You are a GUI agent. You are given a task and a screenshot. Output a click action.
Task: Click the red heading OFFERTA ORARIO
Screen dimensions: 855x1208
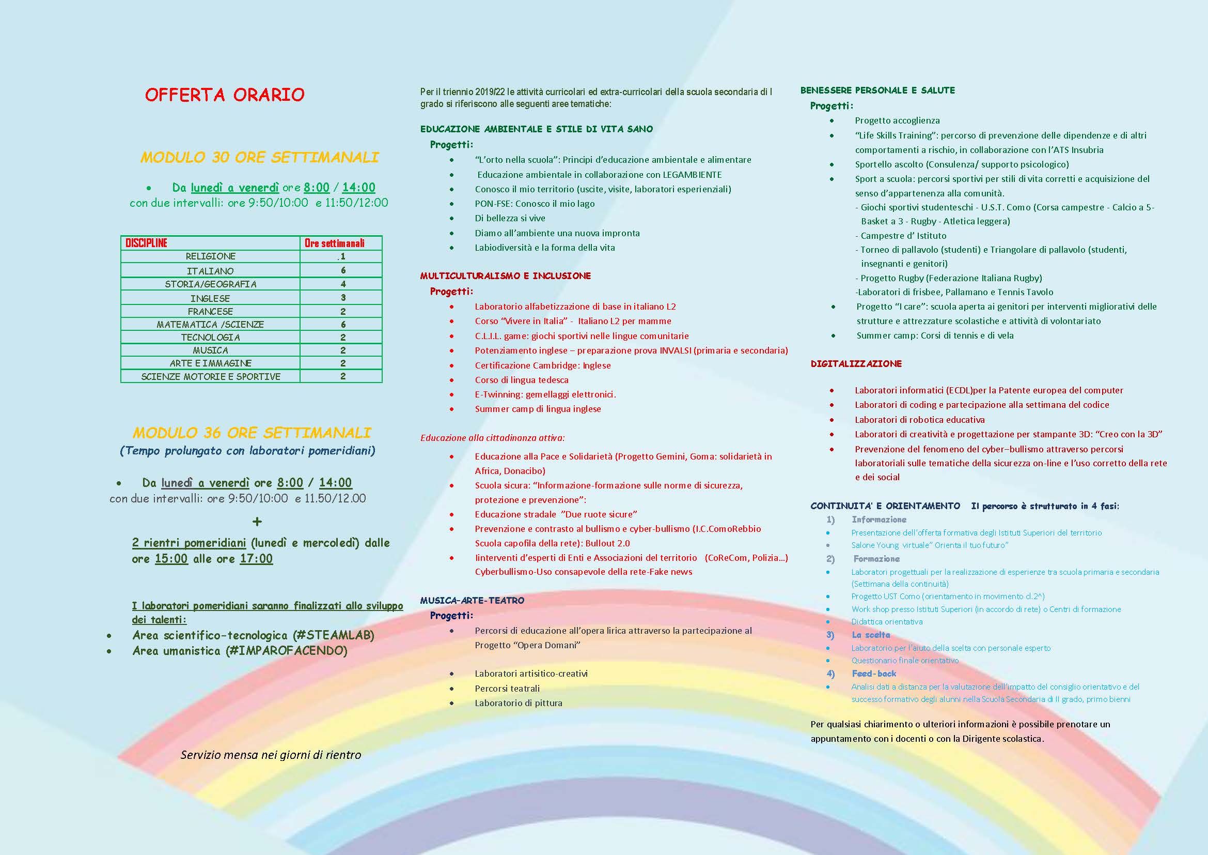click(225, 95)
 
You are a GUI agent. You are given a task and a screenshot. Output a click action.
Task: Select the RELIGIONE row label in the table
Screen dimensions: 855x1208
click(210, 256)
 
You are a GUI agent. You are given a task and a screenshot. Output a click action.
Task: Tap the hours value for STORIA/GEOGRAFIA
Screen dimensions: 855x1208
click(343, 284)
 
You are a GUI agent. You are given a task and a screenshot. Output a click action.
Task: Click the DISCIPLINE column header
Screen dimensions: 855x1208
click(146, 243)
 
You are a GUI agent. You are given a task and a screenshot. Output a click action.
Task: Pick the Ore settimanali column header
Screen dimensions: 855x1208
click(335, 243)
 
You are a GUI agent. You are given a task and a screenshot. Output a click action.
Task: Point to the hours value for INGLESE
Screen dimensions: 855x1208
click(343, 298)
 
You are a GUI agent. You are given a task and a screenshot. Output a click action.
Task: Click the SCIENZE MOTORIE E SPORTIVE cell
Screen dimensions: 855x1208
click(210, 376)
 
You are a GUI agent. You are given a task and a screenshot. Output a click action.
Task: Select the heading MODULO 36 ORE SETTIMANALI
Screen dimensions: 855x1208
click(252, 433)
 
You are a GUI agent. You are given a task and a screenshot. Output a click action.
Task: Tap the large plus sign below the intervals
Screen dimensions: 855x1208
click(257, 522)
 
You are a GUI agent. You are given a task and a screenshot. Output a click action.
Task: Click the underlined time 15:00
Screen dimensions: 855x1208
click(171, 559)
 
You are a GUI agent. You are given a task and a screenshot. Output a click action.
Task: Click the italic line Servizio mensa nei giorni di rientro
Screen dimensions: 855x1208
click(271, 755)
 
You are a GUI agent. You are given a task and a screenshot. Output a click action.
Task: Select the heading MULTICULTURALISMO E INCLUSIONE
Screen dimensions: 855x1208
click(505, 276)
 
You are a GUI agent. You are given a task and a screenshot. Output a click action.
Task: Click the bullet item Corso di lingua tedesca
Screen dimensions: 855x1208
click(522, 379)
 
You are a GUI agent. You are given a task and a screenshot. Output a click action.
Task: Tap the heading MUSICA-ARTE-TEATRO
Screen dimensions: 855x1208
click(472, 600)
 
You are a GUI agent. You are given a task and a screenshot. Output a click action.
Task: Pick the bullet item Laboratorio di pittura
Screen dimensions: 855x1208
click(518, 703)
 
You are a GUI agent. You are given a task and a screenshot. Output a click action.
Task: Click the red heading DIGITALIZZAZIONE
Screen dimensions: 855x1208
click(856, 364)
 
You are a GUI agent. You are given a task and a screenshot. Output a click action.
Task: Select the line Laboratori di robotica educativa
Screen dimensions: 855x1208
click(920, 420)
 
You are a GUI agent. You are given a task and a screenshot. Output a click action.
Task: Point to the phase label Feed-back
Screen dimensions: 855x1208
click(874, 674)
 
